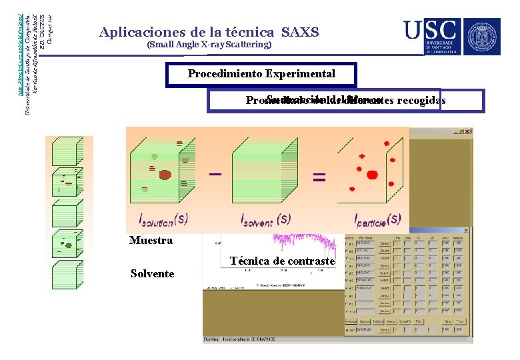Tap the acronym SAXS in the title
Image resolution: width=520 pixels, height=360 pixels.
pyautogui.click(x=300, y=32)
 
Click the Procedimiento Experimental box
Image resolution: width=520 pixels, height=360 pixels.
pyautogui.click(x=261, y=74)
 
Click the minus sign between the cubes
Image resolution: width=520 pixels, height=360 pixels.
pyautogui.click(x=215, y=175)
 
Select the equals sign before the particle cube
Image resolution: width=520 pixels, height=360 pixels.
pyautogui.click(x=320, y=177)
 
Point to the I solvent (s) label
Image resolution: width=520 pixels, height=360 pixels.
pyautogui.click(x=265, y=218)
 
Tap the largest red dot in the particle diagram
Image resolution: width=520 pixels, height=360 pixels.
pyautogui.click(x=372, y=175)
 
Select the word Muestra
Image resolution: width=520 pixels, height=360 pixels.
pyautogui.click(x=151, y=241)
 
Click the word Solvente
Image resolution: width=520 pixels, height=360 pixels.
pyautogui.click(x=152, y=274)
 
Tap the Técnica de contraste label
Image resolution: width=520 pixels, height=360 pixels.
pyautogui.click(x=281, y=261)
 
